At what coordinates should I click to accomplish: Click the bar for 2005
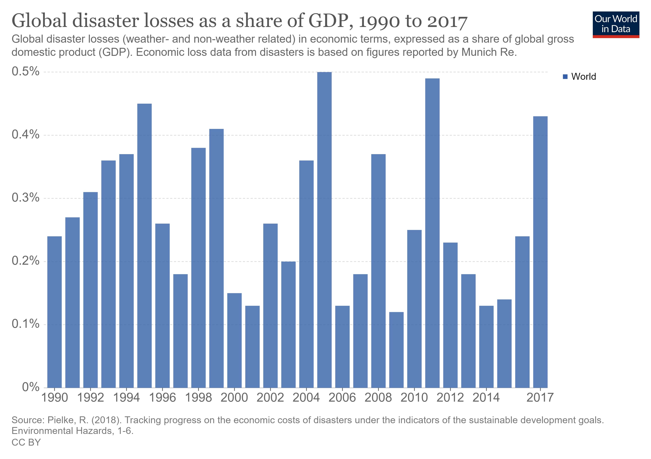[x=324, y=230]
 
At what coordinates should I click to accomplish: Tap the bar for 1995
[x=144, y=246]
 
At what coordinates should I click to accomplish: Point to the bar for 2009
[x=396, y=350]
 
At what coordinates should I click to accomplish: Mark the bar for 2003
[x=288, y=325]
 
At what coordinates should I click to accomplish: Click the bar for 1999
[x=216, y=258]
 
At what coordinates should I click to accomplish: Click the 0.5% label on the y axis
[x=25, y=71]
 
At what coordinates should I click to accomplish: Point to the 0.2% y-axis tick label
[x=25, y=261]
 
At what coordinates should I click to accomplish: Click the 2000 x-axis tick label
[x=234, y=398]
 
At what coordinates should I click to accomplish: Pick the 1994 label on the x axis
[x=126, y=398]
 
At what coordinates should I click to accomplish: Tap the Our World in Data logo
[x=616, y=24]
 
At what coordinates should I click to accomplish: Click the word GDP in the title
[x=331, y=21]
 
